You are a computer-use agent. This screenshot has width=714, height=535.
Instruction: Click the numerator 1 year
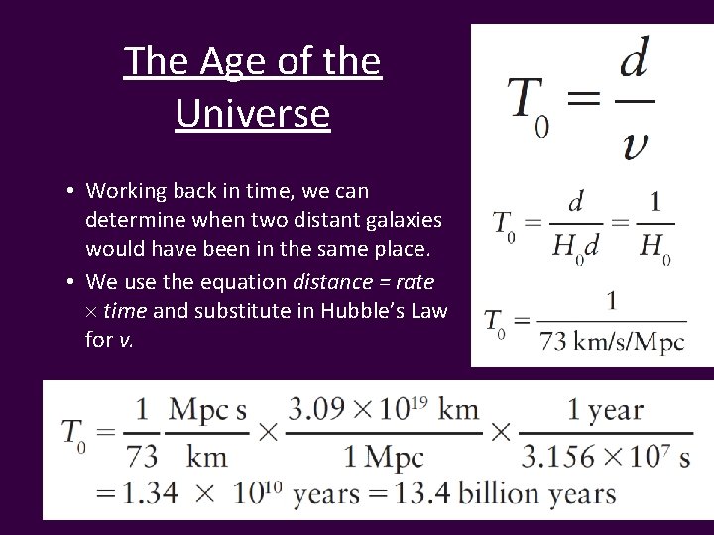pos(607,410)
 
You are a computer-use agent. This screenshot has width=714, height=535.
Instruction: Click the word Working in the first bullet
pos(124,189)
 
